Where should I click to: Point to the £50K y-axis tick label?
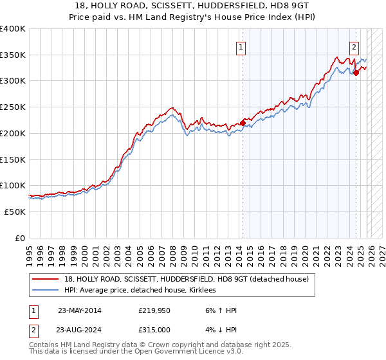(x=15, y=212)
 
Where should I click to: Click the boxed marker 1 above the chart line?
(x=241, y=46)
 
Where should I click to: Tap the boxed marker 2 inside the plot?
(x=354, y=46)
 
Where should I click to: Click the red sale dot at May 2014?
(x=243, y=123)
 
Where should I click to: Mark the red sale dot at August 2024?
(x=356, y=73)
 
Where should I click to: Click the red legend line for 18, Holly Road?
(x=46, y=279)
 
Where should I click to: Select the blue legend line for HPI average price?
(x=46, y=291)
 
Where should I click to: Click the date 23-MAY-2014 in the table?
(x=79, y=310)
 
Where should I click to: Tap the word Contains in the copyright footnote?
(x=44, y=345)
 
